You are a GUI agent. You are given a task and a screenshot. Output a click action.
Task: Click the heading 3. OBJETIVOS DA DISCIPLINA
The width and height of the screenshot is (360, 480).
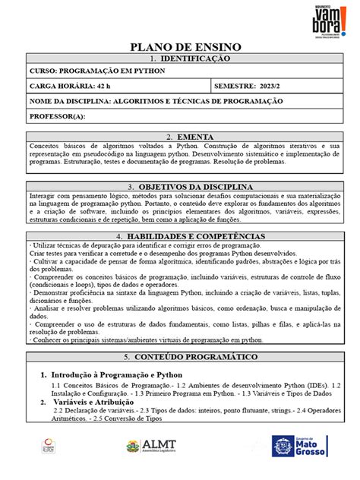pyautogui.click(x=179, y=186)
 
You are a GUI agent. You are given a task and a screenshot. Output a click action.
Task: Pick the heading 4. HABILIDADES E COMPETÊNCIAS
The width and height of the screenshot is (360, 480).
pyautogui.click(x=179, y=236)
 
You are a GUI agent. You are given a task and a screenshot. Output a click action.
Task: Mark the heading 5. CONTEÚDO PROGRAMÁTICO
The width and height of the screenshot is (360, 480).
pyautogui.click(x=179, y=356)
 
